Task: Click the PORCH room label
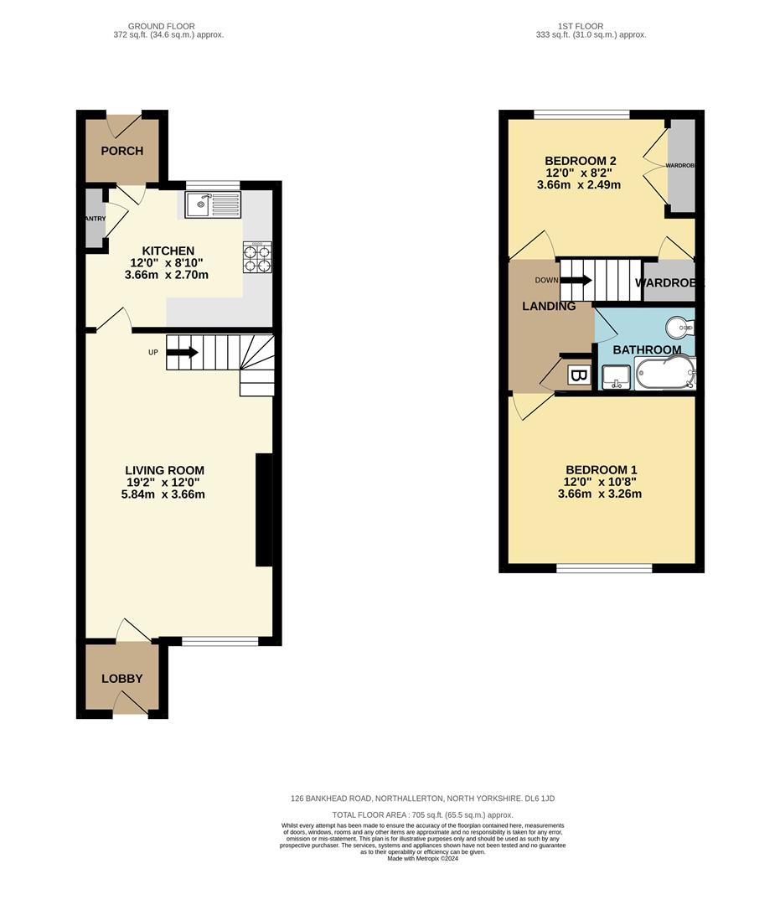[122, 151]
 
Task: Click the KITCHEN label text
[168, 251]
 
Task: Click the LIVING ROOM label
[164, 471]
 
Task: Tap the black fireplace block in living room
[263, 511]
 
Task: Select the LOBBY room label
[122, 679]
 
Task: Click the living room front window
[220, 642]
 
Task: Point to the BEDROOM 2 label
[581, 161]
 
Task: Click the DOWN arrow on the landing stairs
[576, 279]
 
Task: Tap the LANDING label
[549, 306]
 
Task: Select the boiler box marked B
[578, 376]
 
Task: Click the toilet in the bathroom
[680, 327]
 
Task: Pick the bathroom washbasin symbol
[617, 376]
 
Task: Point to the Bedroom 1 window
[604, 569]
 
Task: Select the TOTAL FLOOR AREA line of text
[422, 814]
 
